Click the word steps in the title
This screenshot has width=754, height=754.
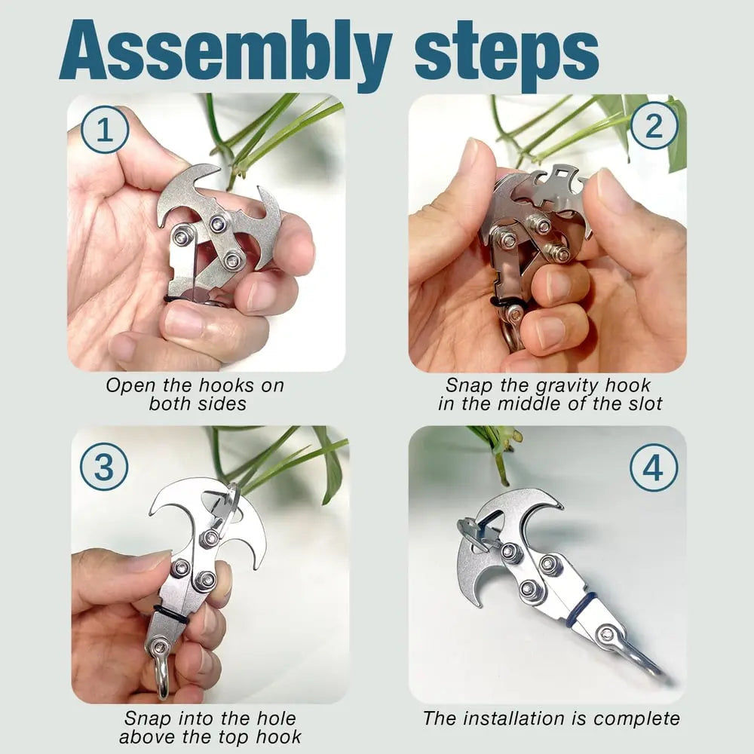507,51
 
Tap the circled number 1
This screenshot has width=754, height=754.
105,130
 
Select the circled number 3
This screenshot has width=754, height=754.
104,467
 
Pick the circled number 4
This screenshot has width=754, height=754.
654,467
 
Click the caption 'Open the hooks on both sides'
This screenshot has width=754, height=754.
195,394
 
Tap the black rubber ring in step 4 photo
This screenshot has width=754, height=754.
581,608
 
